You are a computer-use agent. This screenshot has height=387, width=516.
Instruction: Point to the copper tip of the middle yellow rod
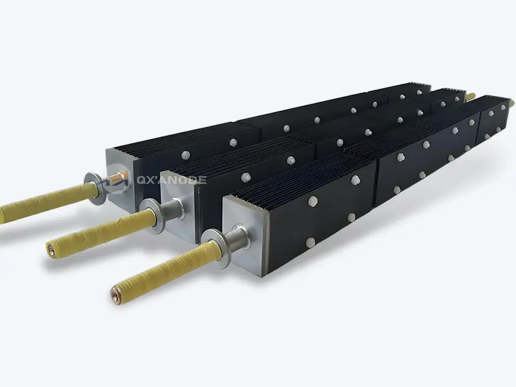pos(50,245)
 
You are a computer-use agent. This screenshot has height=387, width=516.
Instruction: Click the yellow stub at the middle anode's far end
pos(471,96)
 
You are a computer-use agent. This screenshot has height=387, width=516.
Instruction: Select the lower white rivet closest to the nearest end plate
pos(310,243)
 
